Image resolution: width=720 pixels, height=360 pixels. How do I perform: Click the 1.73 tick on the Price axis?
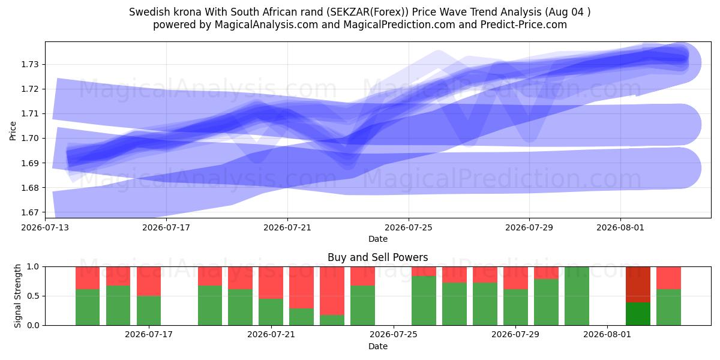29,64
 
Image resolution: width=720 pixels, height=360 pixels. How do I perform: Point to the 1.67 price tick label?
29,212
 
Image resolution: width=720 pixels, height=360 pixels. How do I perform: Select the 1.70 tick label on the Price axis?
29,138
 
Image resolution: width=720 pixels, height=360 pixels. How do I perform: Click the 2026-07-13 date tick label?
45,227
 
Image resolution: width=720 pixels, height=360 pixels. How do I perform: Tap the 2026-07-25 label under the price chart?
409,227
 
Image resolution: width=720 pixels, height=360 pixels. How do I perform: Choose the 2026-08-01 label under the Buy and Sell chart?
607,335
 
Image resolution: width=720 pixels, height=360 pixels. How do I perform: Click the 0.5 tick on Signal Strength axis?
33,296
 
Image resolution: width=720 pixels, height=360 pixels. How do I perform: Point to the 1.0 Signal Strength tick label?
33,266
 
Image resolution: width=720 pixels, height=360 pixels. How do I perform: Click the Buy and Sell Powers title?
377,257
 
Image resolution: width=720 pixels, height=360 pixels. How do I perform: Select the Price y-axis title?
13,131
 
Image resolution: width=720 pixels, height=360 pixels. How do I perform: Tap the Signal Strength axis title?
17,296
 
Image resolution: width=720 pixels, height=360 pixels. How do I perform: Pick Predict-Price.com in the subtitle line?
524,25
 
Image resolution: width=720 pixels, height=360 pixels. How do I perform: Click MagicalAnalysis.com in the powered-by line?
266,25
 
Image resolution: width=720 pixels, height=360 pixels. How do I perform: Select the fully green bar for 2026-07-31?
577,296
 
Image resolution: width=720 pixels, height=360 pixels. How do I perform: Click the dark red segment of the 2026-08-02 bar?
638,284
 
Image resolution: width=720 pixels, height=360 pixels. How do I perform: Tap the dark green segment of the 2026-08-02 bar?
638,314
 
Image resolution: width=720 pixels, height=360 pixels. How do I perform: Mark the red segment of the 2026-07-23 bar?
332,290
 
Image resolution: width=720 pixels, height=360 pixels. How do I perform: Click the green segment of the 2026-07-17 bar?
149,311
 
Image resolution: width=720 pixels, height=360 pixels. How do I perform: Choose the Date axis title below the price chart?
377,239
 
